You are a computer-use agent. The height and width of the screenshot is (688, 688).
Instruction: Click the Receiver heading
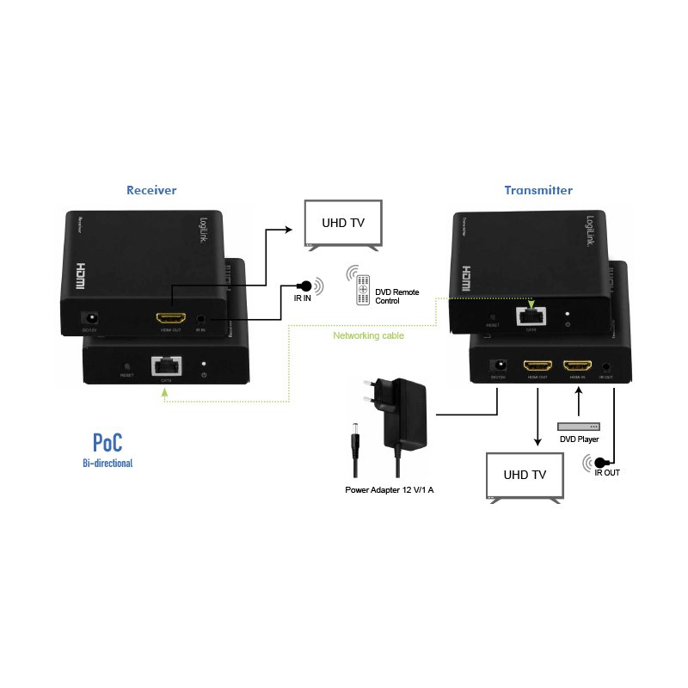pyautogui.click(x=151, y=190)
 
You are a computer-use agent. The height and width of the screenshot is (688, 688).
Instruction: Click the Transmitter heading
pyautogui.click(x=538, y=190)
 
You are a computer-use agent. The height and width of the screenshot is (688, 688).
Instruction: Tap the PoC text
pyautogui.click(x=107, y=443)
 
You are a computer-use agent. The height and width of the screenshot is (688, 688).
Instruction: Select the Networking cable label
pyautogui.click(x=368, y=335)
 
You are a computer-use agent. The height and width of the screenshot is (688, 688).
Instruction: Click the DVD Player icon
pyautogui.click(x=579, y=427)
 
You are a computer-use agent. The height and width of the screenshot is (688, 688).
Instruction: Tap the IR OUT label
pyautogui.click(x=607, y=472)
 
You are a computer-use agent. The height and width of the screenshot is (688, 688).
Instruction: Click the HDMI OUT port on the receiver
pyautogui.click(x=169, y=317)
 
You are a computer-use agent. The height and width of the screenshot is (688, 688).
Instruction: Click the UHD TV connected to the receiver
pyautogui.click(x=343, y=224)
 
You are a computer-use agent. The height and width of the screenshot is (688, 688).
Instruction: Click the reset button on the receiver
pyautogui.click(x=126, y=366)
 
